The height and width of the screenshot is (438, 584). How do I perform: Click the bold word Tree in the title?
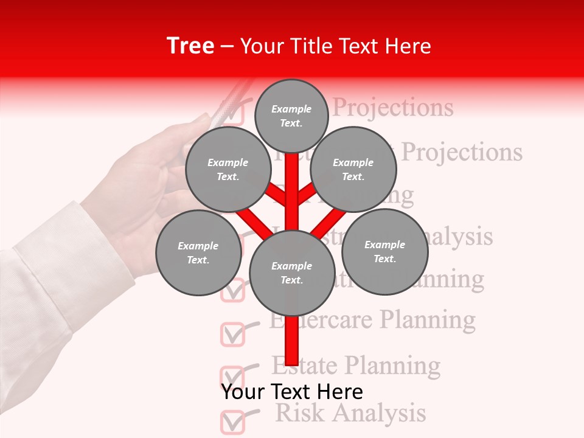[190, 46]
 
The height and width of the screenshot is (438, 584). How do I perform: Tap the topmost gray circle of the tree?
[291, 116]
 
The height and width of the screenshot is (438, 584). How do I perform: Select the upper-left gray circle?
[228, 170]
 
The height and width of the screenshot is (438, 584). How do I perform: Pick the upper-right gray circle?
[353, 170]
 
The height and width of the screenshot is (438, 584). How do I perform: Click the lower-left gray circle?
[198, 252]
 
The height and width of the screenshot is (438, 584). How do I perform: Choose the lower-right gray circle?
[384, 251]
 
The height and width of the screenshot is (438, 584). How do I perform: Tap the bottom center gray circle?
[292, 273]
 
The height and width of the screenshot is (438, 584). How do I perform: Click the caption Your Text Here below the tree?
[292, 391]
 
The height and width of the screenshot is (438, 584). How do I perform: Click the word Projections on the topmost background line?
[394, 108]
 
